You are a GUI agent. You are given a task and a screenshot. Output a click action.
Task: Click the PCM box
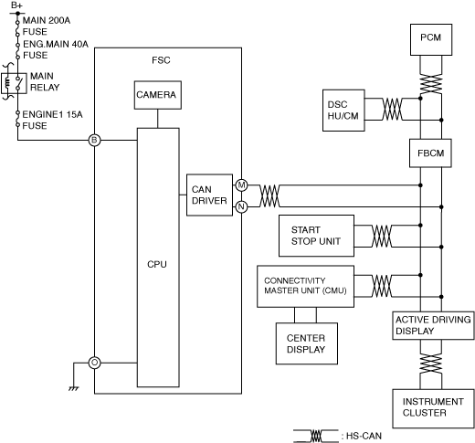431,39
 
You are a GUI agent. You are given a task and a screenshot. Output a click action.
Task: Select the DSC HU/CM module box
343,111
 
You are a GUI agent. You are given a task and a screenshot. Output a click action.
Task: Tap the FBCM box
430,153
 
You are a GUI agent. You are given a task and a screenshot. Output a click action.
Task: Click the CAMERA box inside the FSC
158,95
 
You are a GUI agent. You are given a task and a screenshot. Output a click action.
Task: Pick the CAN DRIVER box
209,195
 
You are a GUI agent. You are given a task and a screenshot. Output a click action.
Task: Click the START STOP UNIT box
316,236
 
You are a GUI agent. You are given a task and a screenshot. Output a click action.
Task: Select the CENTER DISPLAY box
307,343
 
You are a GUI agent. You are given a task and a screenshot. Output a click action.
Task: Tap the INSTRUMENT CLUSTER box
433,408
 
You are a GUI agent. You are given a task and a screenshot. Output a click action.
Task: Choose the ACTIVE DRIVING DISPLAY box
433,325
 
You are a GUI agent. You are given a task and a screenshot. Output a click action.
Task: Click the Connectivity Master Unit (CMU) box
305,286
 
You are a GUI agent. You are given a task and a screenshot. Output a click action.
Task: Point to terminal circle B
94,141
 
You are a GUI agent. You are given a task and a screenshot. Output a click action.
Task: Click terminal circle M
241,185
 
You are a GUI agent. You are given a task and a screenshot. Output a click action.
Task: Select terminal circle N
241,207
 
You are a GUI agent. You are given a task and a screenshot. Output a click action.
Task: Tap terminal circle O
94,363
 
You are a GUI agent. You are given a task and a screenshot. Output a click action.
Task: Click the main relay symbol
14,83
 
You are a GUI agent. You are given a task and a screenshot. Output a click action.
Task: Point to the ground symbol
74,388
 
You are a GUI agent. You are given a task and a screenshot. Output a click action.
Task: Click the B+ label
16,5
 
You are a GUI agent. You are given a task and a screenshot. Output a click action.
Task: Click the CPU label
157,264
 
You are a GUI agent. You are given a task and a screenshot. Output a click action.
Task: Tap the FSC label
161,60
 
